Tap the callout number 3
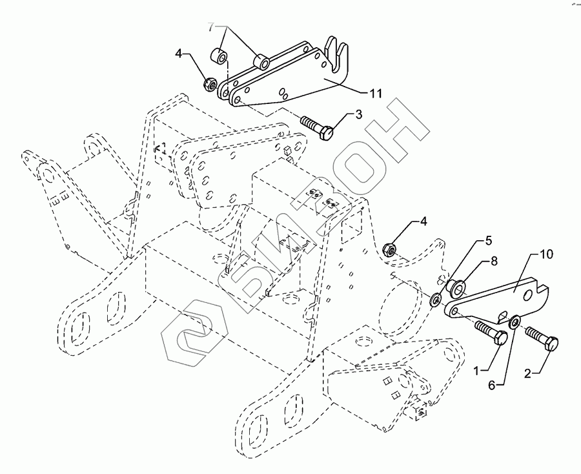coord(359,114)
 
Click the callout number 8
coord(494,262)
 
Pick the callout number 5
coord(489,240)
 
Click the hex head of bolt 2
coord(552,347)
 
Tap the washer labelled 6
coord(515,322)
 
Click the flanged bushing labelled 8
coord(458,286)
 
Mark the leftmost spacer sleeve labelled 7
coord(221,54)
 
